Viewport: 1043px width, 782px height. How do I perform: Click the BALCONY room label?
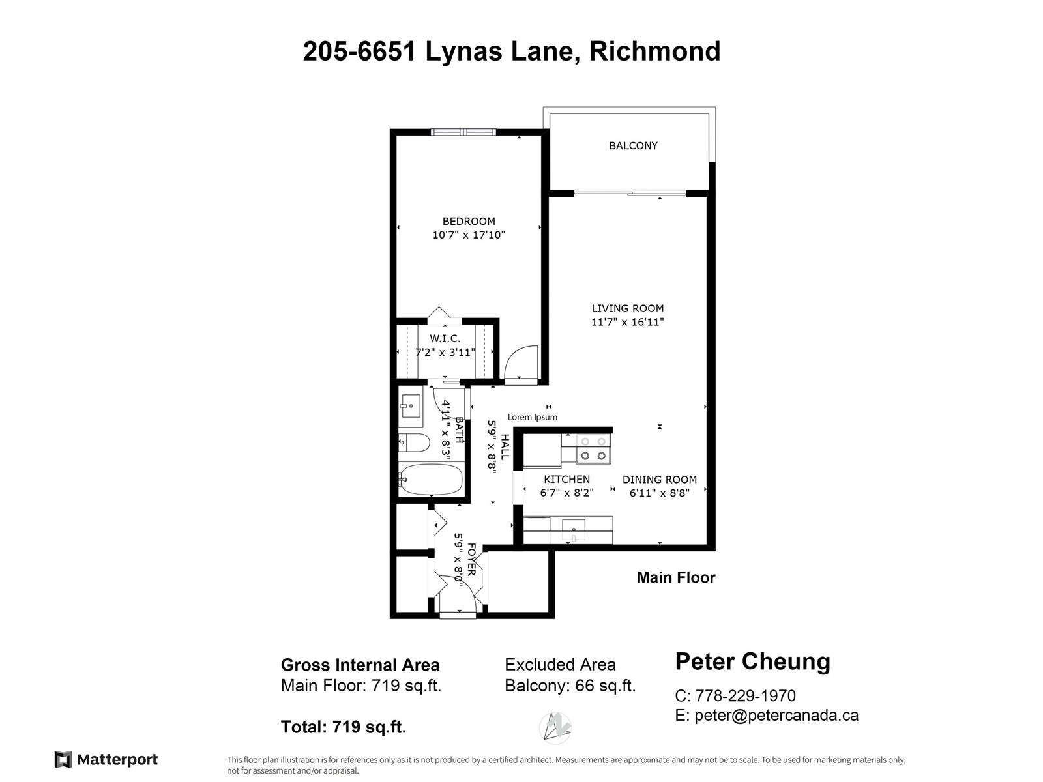pyautogui.click(x=633, y=146)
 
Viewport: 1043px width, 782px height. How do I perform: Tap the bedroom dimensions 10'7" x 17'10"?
pyautogui.click(x=469, y=235)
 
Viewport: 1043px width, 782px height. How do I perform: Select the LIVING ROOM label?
pyautogui.click(x=627, y=309)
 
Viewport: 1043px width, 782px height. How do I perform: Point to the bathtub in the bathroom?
pyautogui.click(x=430, y=480)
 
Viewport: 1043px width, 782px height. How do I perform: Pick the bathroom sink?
pyautogui.click(x=409, y=406)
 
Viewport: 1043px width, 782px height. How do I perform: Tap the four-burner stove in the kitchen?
pyautogui.click(x=593, y=449)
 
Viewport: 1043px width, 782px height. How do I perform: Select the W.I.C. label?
pyautogui.click(x=445, y=338)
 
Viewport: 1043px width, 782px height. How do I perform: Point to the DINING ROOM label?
pyautogui.click(x=660, y=480)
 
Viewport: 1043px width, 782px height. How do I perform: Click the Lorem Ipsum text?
pyautogui.click(x=532, y=417)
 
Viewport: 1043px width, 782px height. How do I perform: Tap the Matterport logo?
pyautogui.click(x=106, y=760)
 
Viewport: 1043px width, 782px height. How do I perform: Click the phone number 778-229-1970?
pyautogui.click(x=745, y=695)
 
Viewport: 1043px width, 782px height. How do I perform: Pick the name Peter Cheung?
pyautogui.click(x=753, y=662)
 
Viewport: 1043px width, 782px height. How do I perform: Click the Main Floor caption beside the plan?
pyautogui.click(x=676, y=578)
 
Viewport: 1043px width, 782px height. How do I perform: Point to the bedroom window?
pyautogui.click(x=463, y=132)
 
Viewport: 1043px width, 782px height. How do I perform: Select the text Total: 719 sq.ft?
pyautogui.click(x=344, y=727)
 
